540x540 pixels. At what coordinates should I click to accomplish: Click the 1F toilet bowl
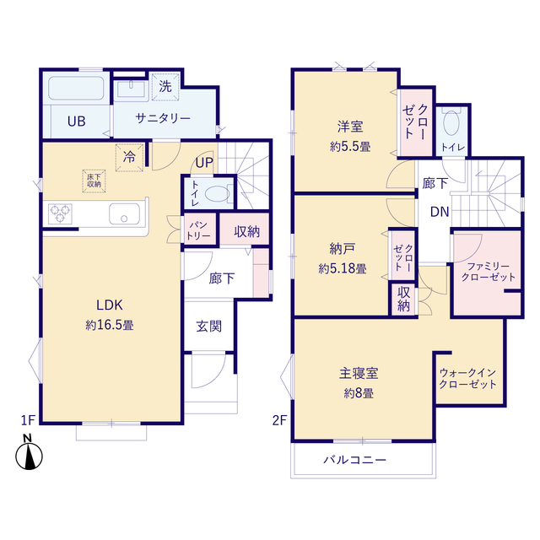[x=216, y=193]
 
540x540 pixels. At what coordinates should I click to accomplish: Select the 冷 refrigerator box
[x=130, y=156]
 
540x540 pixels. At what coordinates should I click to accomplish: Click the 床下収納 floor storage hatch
[x=93, y=179]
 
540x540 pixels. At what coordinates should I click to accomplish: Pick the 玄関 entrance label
[x=209, y=326]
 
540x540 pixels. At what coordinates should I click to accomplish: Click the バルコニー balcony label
[x=354, y=461]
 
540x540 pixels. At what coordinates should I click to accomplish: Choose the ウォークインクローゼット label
[x=467, y=377]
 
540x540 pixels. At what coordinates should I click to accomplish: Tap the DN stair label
[x=440, y=212]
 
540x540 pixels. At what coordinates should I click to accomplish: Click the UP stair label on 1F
[x=205, y=162]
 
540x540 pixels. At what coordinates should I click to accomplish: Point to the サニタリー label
[x=164, y=119]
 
